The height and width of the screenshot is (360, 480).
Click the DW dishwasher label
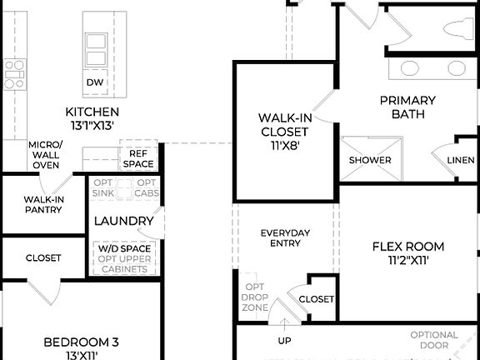(95, 83)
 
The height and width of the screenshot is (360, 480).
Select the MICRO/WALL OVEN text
(45, 154)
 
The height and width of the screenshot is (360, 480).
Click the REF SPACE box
(138, 158)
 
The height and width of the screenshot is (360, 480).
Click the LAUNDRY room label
(123, 221)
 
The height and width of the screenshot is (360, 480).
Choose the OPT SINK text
(103, 187)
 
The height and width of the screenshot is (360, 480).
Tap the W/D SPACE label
(124, 249)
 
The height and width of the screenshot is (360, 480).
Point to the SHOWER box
(370, 159)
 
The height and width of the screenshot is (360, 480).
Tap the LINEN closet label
(460, 159)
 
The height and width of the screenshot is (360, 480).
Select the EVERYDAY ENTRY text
(286, 238)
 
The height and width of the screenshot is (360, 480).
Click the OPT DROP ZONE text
(254, 297)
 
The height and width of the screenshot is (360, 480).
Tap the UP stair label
(284, 340)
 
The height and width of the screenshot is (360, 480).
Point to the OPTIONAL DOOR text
(433, 340)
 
